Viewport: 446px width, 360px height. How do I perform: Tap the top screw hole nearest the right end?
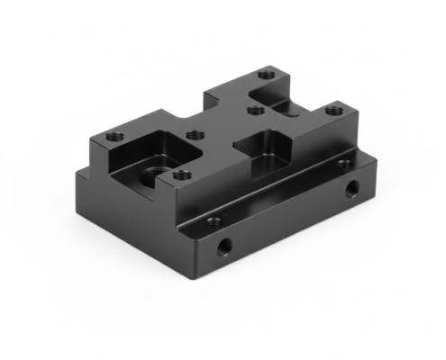pyautogui.click(x=335, y=111)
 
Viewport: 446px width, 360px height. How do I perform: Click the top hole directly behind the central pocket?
pyautogui.click(x=256, y=110)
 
